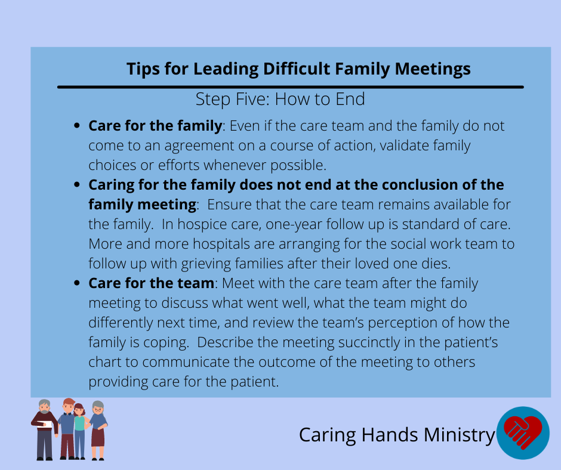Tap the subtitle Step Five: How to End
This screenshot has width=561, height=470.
coord(280,99)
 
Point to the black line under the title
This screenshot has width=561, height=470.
coord(291,87)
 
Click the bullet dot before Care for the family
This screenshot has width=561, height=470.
coord(76,125)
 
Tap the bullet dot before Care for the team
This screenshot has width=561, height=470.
coord(76,283)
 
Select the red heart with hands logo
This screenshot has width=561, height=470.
coord(523,433)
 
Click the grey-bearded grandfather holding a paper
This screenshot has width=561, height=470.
coord(44,429)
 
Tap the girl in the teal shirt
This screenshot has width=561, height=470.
coord(80,431)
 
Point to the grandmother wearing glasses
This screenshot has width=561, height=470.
coord(98,430)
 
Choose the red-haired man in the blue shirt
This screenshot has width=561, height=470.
coord(67,428)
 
